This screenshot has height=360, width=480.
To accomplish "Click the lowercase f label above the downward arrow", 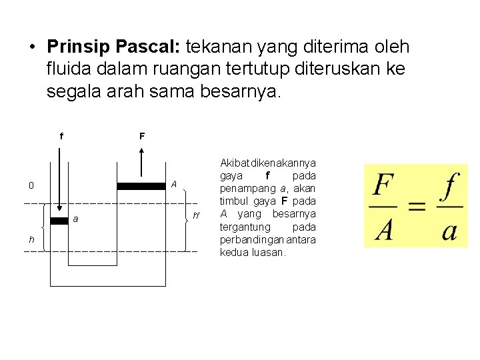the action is tap(61, 137).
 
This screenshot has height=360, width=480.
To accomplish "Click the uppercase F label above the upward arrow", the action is tap(142, 137).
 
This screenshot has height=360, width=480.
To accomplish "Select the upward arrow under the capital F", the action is tap(141, 164).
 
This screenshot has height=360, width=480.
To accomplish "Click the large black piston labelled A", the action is tap(141, 186).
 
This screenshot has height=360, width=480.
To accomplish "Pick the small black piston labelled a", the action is tap(59, 221).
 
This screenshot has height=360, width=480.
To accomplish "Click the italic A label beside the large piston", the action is tap(173, 184).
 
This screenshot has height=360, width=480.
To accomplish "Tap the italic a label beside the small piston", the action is tap(76, 219).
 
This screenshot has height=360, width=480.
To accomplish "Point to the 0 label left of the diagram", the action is tap(31, 186).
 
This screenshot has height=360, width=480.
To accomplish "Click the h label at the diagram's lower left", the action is tap(31, 240).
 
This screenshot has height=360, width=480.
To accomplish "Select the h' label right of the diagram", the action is tap(195, 215).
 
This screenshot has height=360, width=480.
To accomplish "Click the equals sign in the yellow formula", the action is tap(417, 207).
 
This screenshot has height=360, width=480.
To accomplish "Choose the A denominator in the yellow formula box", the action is tap(383, 229).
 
